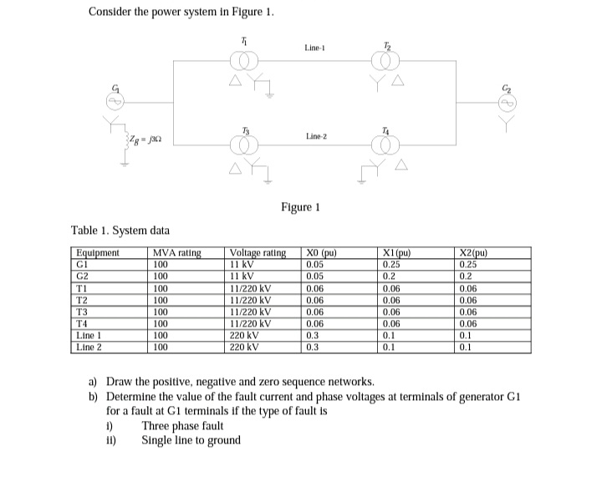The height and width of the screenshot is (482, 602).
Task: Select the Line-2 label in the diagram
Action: [314, 135]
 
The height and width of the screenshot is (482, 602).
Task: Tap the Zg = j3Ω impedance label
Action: [145, 136]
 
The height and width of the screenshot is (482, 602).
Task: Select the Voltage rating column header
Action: [258, 253]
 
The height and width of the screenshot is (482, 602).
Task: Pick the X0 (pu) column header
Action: [323, 253]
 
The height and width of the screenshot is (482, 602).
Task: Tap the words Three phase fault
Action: [182, 425]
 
